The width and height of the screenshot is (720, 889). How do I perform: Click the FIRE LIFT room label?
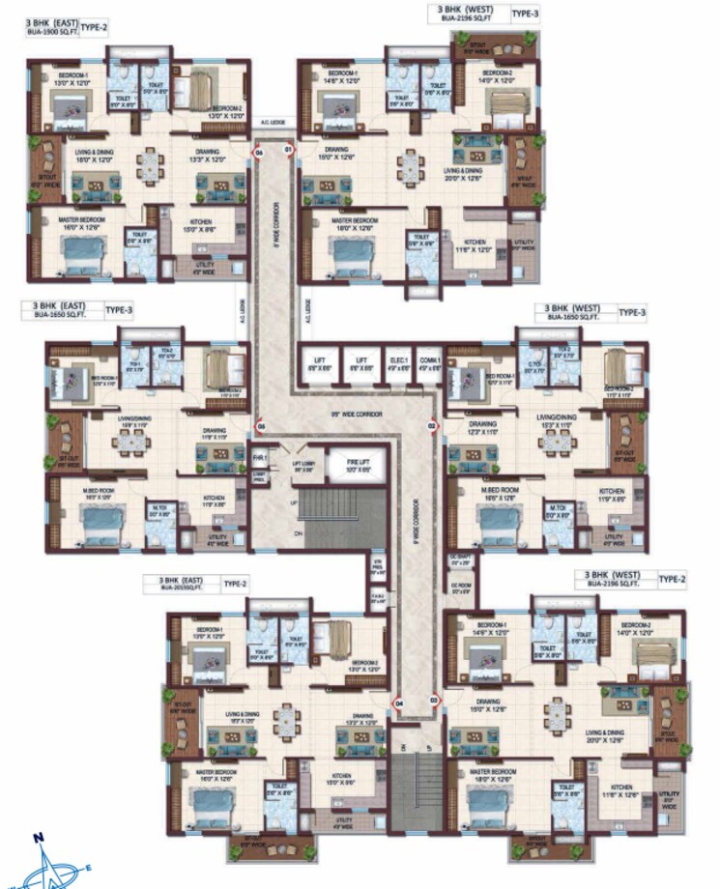point(359,464)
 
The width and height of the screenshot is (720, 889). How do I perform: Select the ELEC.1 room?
point(398,364)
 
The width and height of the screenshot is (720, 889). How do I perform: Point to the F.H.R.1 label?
point(259,455)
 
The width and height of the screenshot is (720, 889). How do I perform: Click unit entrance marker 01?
point(287,151)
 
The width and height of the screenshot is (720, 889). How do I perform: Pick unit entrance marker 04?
point(399,704)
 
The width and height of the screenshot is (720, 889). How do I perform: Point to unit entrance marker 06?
point(258,152)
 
